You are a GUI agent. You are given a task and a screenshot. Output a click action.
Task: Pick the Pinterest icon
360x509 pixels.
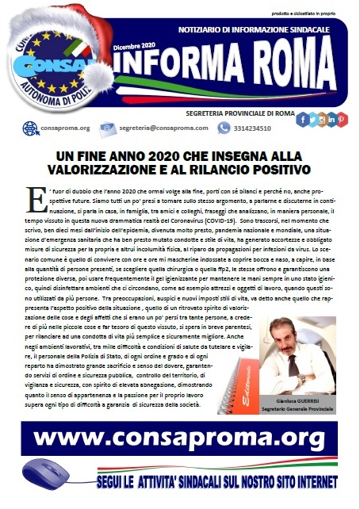click(342, 120)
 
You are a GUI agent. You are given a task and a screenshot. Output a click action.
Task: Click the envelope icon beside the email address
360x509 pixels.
click(109, 128)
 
